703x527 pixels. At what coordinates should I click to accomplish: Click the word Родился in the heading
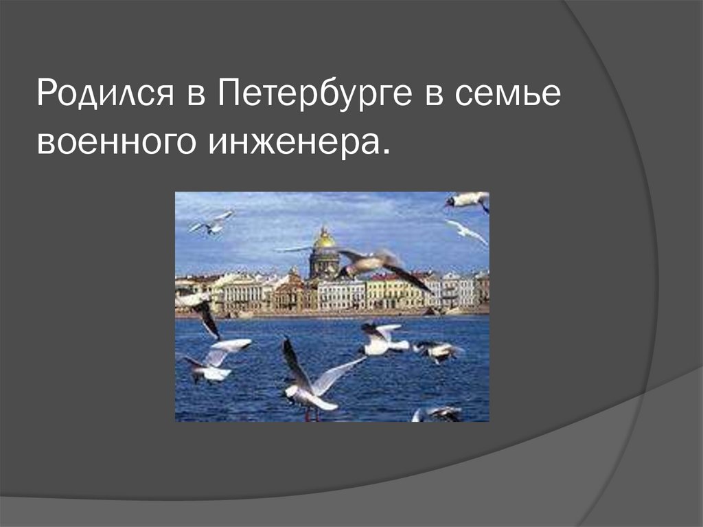point(104,96)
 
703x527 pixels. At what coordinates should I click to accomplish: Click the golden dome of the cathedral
point(324,238)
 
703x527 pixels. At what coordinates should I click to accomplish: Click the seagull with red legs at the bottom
point(312,385)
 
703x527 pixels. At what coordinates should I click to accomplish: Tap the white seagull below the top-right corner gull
point(468,232)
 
